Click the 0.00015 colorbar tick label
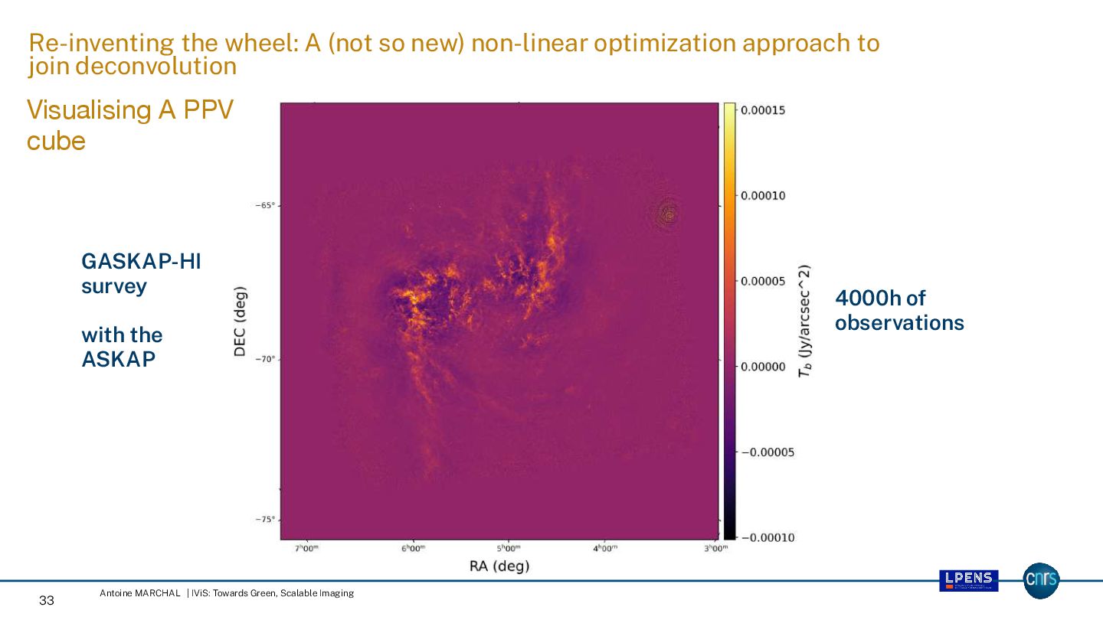pyautogui.click(x=764, y=110)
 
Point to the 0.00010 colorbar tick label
pyautogui.click(x=764, y=196)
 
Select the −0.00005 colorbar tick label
pyautogui.click(x=768, y=452)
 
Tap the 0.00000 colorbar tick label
pyautogui.click(x=764, y=367)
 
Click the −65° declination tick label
pyautogui.click(x=264, y=205)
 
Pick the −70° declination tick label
pyautogui.click(x=264, y=359)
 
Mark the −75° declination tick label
pyautogui.click(x=264, y=520)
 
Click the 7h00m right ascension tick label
pyautogui.click(x=306, y=549)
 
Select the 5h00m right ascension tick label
pyautogui.click(x=509, y=549)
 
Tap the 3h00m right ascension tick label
pyautogui.click(x=715, y=549)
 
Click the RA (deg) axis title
pyautogui.click(x=499, y=566)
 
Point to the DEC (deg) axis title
pyautogui.click(x=241, y=321)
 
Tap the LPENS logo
pyautogui.click(x=969, y=580)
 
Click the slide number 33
pyautogui.click(x=47, y=601)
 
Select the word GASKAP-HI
pyautogui.click(x=141, y=263)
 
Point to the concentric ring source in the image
pyautogui.click(x=669, y=214)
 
